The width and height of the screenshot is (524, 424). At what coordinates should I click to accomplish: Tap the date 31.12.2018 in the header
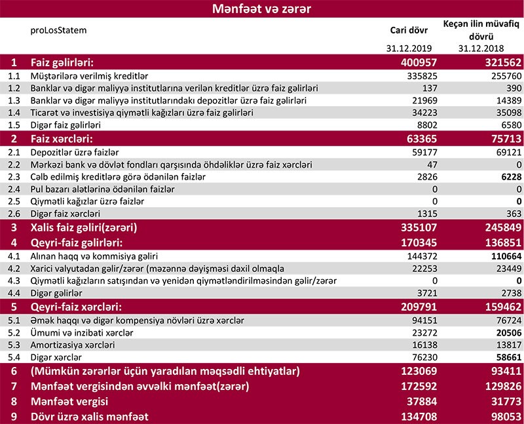pyautogui.click(x=481, y=48)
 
